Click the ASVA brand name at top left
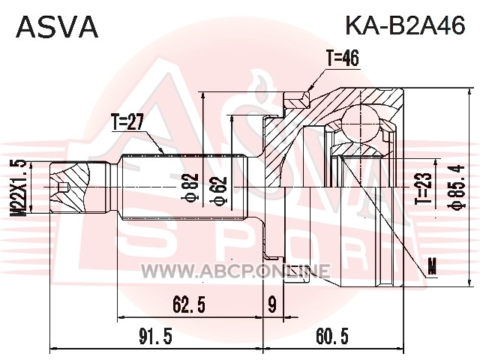57,27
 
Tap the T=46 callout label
342,58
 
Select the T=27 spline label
127,122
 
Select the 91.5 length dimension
156,337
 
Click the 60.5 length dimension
332,337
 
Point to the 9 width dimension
272,304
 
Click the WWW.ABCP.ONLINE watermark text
235,271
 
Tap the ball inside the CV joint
360,123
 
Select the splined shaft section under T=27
184,187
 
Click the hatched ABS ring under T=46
296,100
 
